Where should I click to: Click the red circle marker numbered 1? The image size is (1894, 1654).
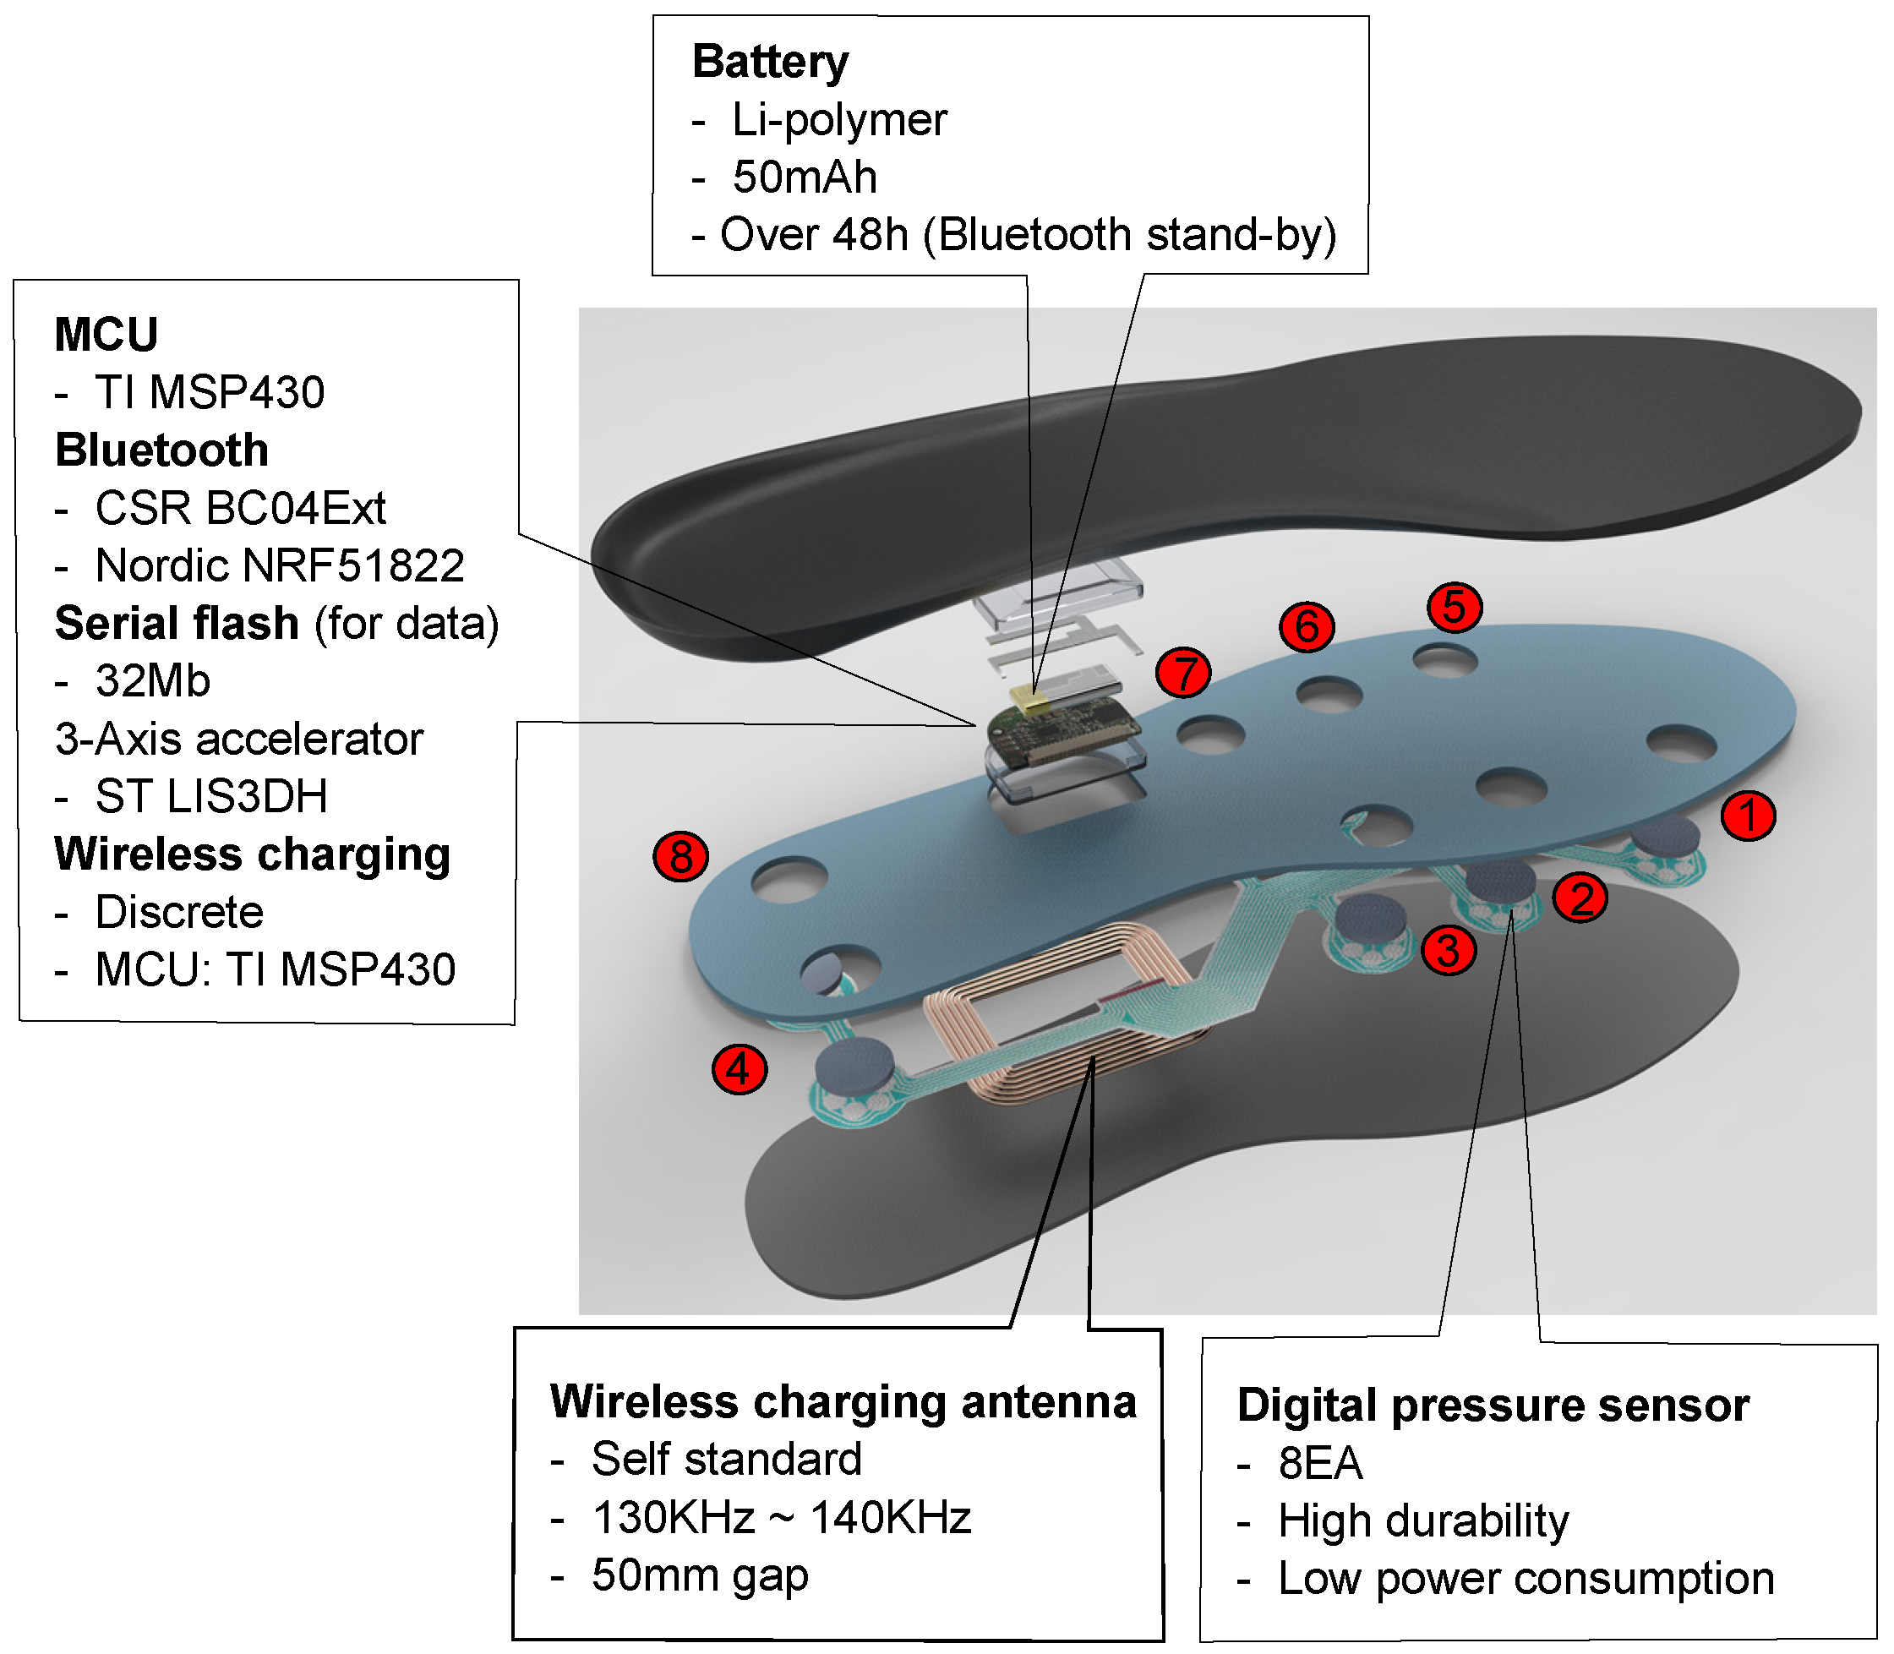pos(1747,816)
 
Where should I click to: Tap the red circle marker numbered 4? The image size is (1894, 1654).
pos(739,1069)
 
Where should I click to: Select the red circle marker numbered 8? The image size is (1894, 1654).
pos(680,855)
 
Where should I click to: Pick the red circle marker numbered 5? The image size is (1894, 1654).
pos(1454,606)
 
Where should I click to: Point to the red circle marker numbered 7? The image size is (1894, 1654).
pos(1183,672)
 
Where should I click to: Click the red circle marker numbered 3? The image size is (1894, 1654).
pos(1447,950)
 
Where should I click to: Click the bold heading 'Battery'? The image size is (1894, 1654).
pos(770,62)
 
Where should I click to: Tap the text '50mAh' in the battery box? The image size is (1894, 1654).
pos(804,177)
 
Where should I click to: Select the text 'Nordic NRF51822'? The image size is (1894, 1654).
pos(279,565)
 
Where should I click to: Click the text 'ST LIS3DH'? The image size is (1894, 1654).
pos(211,796)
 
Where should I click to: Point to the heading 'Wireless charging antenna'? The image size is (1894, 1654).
pos(842,1401)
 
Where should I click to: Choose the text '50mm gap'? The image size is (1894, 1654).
pos(700,1575)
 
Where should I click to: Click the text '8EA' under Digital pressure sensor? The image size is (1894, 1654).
pos(1320,1463)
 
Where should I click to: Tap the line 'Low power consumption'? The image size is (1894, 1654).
pos(1525,1578)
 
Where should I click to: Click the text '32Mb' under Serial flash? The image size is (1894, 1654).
pos(153,681)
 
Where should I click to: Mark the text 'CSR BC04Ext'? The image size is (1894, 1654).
pos(240,508)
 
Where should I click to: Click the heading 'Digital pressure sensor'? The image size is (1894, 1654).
pos(1493,1405)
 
